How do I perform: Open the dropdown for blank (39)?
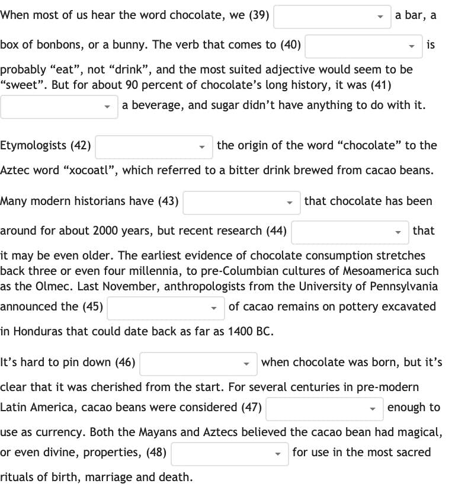point(332,17)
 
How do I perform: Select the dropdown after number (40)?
point(363,46)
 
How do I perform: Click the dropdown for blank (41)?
point(59,107)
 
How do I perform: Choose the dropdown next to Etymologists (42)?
point(153,146)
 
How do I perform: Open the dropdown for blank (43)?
point(241,202)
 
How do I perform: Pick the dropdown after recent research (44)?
point(350,232)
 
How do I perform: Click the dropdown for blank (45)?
point(165,308)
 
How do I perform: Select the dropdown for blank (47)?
point(324,408)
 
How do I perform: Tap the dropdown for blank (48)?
point(229,453)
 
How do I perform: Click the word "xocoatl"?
point(89,171)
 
